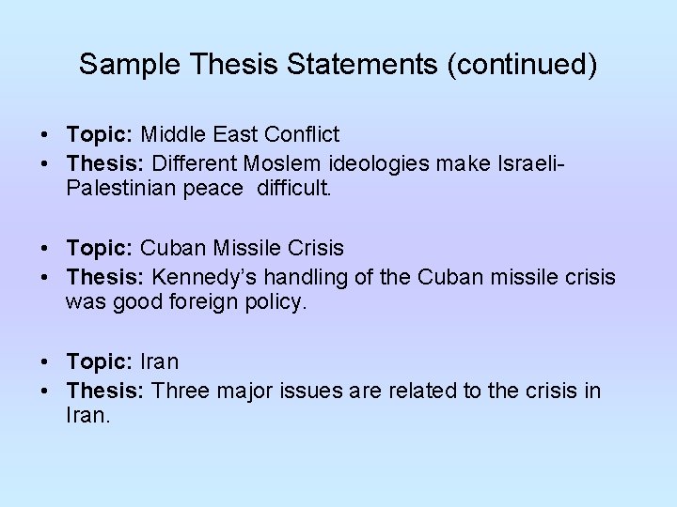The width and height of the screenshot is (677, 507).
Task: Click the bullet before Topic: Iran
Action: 45,362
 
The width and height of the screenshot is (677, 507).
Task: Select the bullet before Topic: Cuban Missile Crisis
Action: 45,249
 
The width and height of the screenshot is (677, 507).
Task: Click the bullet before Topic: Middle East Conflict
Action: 45,135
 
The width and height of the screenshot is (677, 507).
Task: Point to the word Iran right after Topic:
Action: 160,362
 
